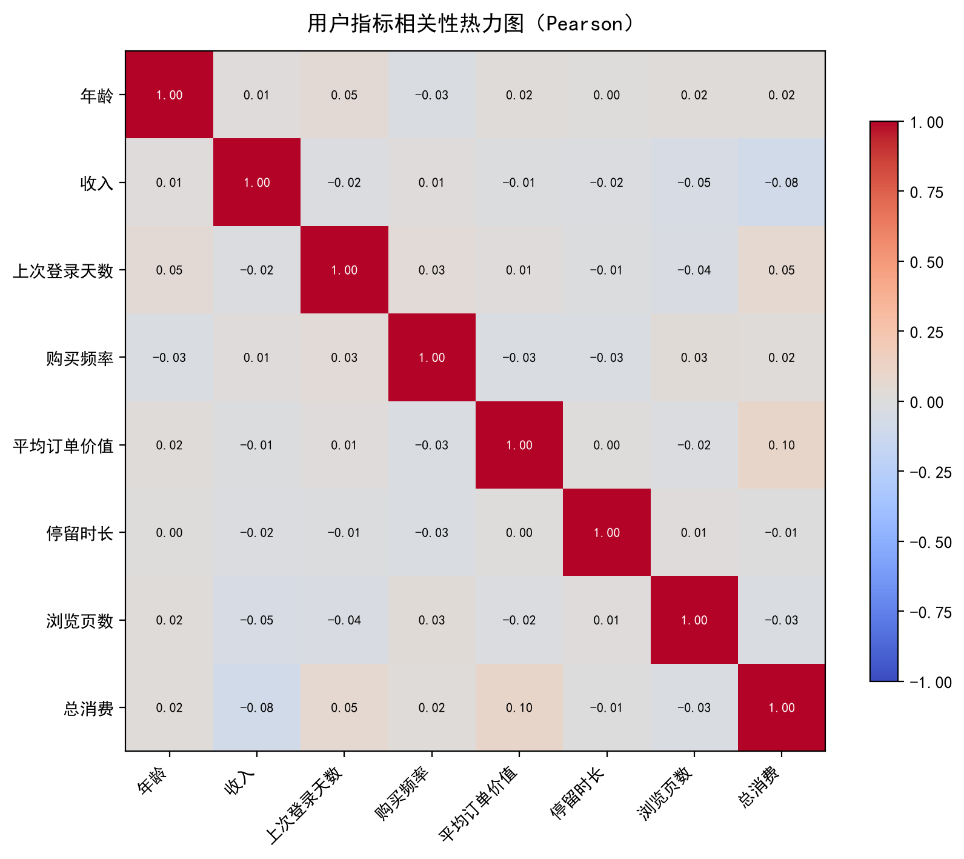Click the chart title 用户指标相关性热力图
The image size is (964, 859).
(x=415, y=24)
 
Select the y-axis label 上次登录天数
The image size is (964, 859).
(x=63, y=270)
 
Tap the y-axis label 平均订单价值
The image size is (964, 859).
(x=63, y=446)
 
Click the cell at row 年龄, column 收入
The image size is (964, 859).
(x=257, y=95)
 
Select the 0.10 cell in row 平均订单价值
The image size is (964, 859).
(x=782, y=445)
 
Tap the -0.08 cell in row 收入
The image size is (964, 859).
(x=782, y=182)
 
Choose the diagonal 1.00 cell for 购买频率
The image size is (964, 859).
(x=432, y=358)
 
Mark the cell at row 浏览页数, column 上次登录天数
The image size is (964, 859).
(x=344, y=620)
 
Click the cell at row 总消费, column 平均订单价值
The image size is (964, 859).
(x=519, y=707)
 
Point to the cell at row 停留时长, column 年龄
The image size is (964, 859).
(x=169, y=533)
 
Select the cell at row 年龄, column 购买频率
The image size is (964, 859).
(x=432, y=95)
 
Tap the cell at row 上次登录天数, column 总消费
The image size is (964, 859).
(x=782, y=270)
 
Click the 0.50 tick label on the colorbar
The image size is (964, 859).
(x=926, y=262)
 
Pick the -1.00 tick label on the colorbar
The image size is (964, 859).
(x=931, y=682)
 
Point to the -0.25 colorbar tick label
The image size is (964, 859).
(x=931, y=472)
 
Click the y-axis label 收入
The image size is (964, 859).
(x=97, y=183)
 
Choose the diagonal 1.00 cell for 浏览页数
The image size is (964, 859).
(x=694, y=620)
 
